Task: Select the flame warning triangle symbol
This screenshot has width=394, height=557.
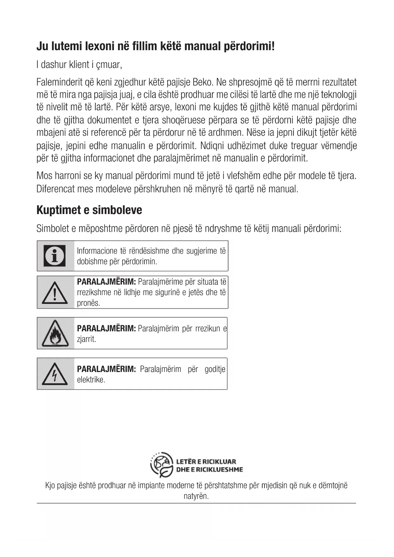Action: (55, 333)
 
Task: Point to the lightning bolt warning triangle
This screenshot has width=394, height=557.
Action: (55, 374)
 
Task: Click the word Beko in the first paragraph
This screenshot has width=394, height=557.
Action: (203, 82)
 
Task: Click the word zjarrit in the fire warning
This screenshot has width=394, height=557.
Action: (86, 339)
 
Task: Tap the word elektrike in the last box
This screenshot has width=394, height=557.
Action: (91, 379)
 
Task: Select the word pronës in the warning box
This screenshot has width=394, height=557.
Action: (88, 303)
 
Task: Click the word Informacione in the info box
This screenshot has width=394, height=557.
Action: (97, 251)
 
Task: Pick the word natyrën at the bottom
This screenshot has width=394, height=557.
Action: (196, 496)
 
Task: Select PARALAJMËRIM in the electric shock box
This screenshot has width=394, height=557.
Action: (106, 369)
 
